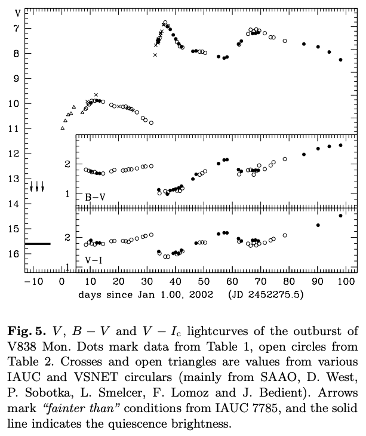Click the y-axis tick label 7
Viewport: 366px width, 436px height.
pyautogui.click(x=16, y=28)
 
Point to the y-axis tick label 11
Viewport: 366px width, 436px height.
pyautogui.click(x=14, y=129)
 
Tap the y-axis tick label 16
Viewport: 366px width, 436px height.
pyautogui.click(x=14, y=254)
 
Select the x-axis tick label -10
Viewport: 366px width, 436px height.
pyautogui.click(x=33, y=282)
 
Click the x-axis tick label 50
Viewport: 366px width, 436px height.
pyautogui.click(x=204, y=282)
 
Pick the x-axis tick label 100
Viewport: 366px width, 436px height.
pyautogui.click(x=346, y=282)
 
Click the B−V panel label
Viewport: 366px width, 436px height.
pyautogui.click(x=95, y=197)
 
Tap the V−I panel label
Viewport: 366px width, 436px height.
pyautogui.click(x=93, y=260)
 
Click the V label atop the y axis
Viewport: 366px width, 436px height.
pyautogui.click(x=17, y=13)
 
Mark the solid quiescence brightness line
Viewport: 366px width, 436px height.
pyautogui.click(x=38, y=244)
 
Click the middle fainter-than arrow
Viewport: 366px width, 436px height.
pyautogui.click(x=37, y=186)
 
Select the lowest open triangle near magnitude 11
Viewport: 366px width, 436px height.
pyautogui.click(x=63, y=128)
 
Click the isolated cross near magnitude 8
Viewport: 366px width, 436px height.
pyautogui.click(x=155, y=55)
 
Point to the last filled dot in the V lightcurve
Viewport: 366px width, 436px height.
pyautogui.click(x=340, y=60)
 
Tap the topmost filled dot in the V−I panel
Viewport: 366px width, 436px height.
pyautogui.click(x=340, y=216)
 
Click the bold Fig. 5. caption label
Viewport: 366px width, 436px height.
pyautogui.click(x=26, y=331)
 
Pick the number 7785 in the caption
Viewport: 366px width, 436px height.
pyautogui.click(x=267, y=408)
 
